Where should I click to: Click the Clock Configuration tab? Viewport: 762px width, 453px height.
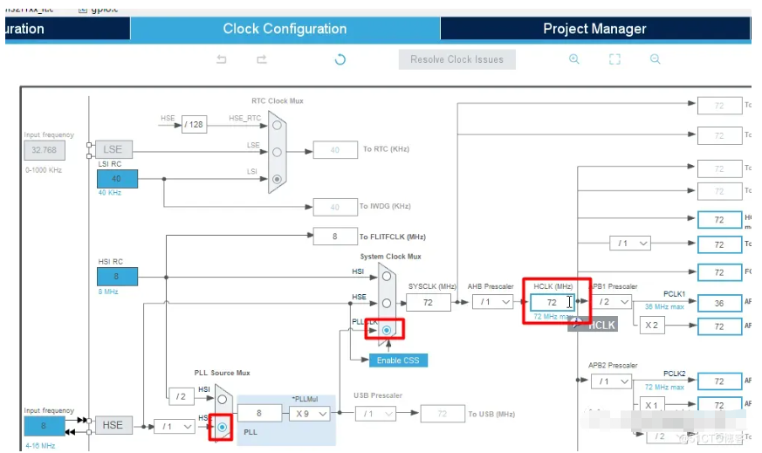tap(285, 29)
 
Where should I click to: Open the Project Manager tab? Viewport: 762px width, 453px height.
tap(594, 29)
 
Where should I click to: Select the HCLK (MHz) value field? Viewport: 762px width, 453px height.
tap(552, 302)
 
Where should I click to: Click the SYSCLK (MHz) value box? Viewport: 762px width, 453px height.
tap(428, 302)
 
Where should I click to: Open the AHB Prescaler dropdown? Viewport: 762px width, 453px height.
tap(493, 302)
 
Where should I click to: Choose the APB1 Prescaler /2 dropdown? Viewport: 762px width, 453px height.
tap(613, 302)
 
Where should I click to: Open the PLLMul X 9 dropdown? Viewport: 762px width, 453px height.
tap(311, 413)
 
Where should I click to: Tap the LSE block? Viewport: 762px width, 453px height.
tap(113, 149)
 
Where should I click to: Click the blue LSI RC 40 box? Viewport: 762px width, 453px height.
tap(117, 179)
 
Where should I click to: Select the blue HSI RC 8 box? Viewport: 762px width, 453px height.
tap(117, 277)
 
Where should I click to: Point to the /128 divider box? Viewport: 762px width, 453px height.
tap(194, 125)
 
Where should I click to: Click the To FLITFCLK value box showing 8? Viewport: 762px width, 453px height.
tap(334, 237)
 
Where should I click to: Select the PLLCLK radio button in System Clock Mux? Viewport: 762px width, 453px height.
tap(386, 331)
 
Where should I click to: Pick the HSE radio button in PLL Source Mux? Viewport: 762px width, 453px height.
tap(223, 427)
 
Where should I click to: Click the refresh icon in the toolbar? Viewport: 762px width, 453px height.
tap(340, 59)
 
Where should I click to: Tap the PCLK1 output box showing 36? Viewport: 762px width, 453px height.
tap(718, 303)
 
